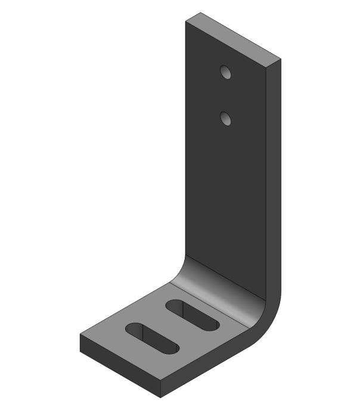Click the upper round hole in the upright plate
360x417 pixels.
coord(225,72)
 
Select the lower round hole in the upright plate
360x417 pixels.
coord(226,119)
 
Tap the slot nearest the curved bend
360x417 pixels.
coord(192,315)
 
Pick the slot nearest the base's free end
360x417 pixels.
coord(151,338)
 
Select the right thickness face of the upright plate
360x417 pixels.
coord(272,179)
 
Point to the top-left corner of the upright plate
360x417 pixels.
coord(185,23)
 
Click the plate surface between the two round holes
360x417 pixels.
coord(226,95)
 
